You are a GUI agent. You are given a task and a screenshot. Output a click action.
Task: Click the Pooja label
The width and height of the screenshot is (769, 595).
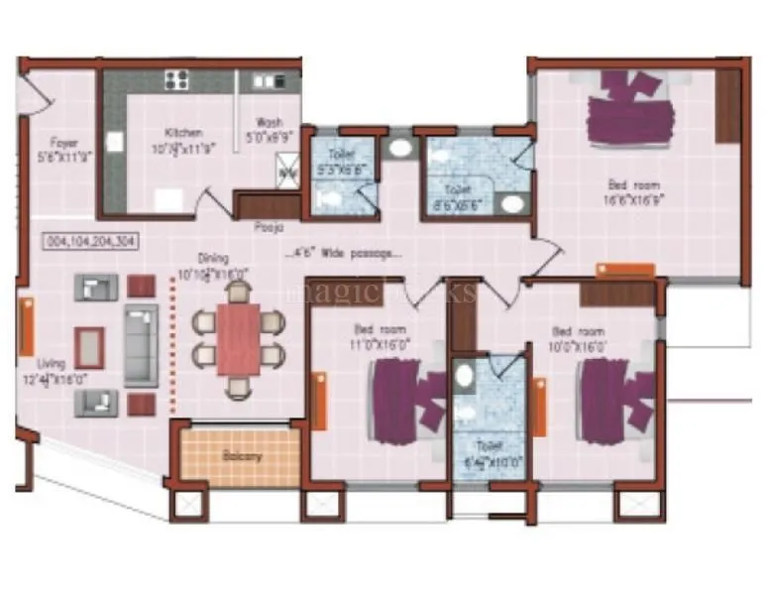(x=263, y=226)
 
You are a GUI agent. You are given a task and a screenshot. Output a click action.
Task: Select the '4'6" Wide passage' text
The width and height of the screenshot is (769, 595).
(x=342, y=254)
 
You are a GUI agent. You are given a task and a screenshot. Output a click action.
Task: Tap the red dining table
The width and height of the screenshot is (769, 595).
(x=239, y=338)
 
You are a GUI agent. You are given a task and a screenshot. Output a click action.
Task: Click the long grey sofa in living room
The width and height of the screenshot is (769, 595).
(x=141, y=344)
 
